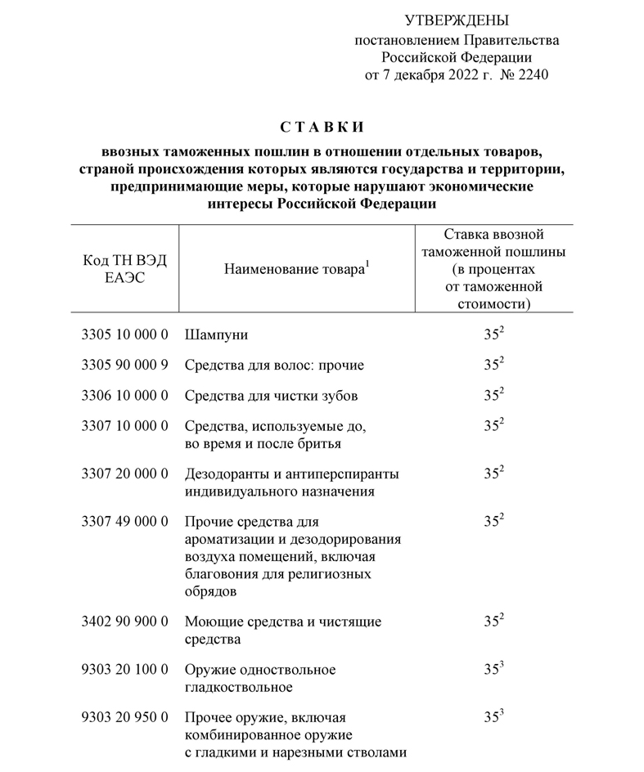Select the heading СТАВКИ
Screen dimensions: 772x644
[x=321, y=128]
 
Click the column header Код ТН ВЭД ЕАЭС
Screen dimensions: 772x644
[x=124, y=268]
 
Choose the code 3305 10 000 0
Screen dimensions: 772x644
[x=125, y=335]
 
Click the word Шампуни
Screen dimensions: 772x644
[x=216, y=335]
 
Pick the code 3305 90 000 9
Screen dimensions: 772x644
[x=125, y=365]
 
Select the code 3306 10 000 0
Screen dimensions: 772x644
[x=125, y=396]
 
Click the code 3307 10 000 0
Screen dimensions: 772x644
[x=125, y=426]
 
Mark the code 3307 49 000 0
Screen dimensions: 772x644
[x=125, y=521]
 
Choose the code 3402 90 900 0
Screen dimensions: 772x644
[x=125, y=622]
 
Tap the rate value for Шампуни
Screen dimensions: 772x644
[x=492, y=335]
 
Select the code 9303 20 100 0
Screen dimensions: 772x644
[x=125, y=670]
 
